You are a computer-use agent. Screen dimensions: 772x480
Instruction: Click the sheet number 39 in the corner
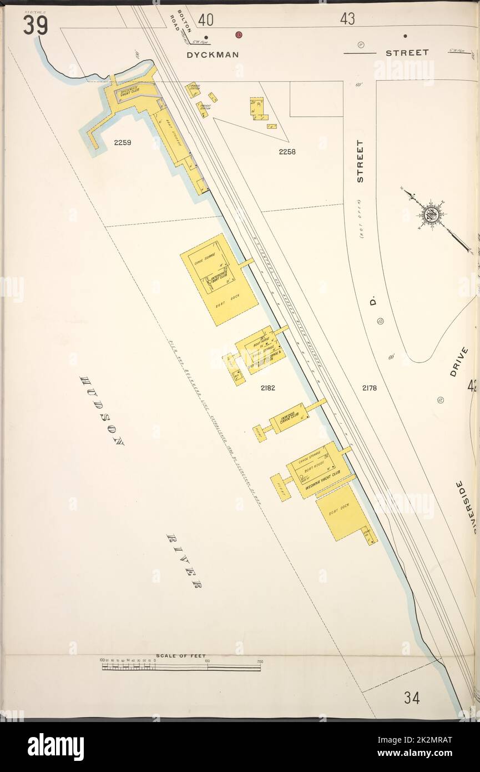35,25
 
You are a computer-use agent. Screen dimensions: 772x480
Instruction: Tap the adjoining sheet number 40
205,20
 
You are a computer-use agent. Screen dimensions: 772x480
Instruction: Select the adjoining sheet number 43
347,19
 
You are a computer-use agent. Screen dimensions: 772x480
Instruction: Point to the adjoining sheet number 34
411,698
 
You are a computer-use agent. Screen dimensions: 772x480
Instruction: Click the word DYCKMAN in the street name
213,54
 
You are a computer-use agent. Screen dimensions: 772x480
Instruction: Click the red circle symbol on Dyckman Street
239,35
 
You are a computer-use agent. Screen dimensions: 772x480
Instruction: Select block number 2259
123,143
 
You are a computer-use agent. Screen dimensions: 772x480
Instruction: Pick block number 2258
287,151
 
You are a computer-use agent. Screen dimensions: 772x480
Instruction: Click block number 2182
267,388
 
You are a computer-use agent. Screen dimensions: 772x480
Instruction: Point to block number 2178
369,388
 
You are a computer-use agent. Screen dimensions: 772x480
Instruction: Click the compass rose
431,214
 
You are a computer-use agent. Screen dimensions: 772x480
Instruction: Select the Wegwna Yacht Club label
324,482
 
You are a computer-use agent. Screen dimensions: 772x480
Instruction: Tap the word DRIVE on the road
459,362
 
